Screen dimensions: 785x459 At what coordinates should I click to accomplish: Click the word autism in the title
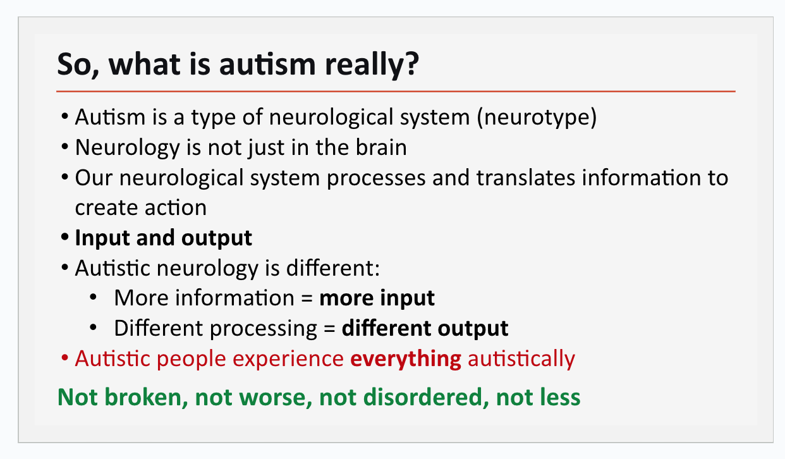tap(267, 64)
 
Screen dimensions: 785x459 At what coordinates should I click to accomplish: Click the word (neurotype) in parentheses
tap(537, 118)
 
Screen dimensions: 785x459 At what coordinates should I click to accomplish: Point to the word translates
tap(526, 178)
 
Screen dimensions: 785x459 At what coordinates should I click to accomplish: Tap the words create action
tap(140, 207)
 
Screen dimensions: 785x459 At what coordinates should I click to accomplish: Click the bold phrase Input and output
tap(163, 238)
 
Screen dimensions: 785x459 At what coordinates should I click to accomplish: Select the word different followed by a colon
tap(333, 268)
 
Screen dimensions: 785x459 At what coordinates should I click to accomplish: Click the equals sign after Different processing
tap(329, 329)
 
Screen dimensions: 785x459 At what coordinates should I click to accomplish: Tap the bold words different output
tap(425, 329)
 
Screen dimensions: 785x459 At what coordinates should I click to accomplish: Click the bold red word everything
tap(406, 359)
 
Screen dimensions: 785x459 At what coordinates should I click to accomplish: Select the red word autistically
tap(521, 359)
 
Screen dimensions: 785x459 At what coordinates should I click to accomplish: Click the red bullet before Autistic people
tap(64, 358)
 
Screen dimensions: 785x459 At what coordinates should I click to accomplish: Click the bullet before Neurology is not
tap(64, 147)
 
